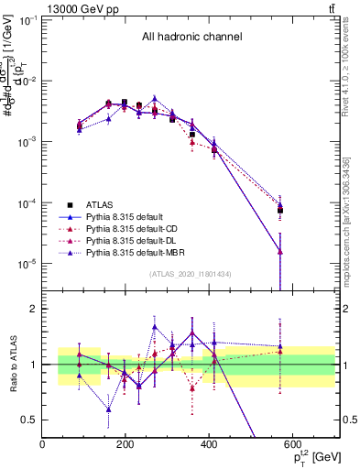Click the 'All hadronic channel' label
191,38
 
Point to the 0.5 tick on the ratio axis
31,420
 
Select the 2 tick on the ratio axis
35,309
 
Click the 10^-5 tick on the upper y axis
27,264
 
